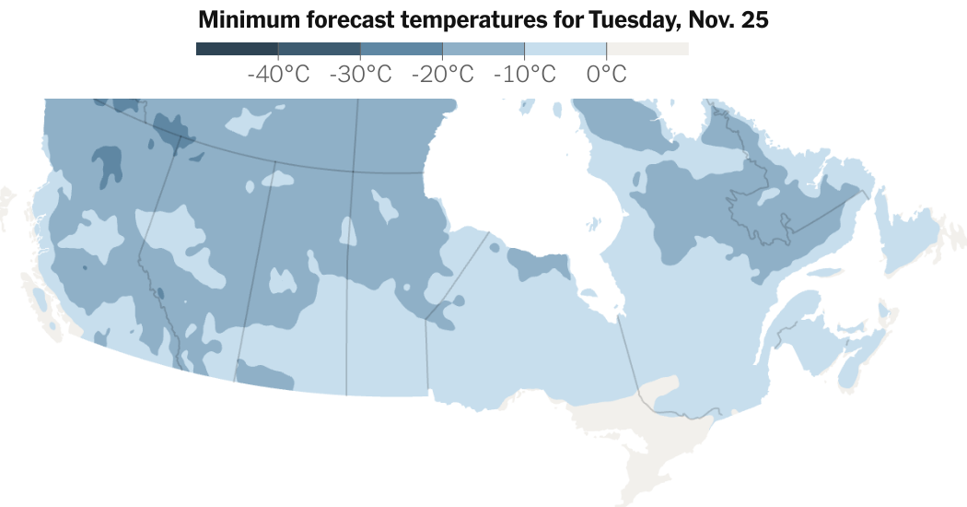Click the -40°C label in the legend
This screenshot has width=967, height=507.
click(278, 74)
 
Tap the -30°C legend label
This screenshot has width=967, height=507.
click(360, 74)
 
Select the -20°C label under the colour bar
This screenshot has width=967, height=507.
click(442, 74)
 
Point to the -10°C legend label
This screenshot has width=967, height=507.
click(524, 74)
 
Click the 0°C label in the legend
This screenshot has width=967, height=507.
click(606, 74)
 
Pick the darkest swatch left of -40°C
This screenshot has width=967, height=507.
click(237, 49)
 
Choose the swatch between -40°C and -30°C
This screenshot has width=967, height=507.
click(319, 49)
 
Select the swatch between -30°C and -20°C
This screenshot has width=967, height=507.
click(401, 49)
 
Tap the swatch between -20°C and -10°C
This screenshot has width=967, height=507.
click(483, 49)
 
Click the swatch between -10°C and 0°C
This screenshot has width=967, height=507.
click(565, 49)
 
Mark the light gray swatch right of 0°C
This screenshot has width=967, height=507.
click(647, 49)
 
